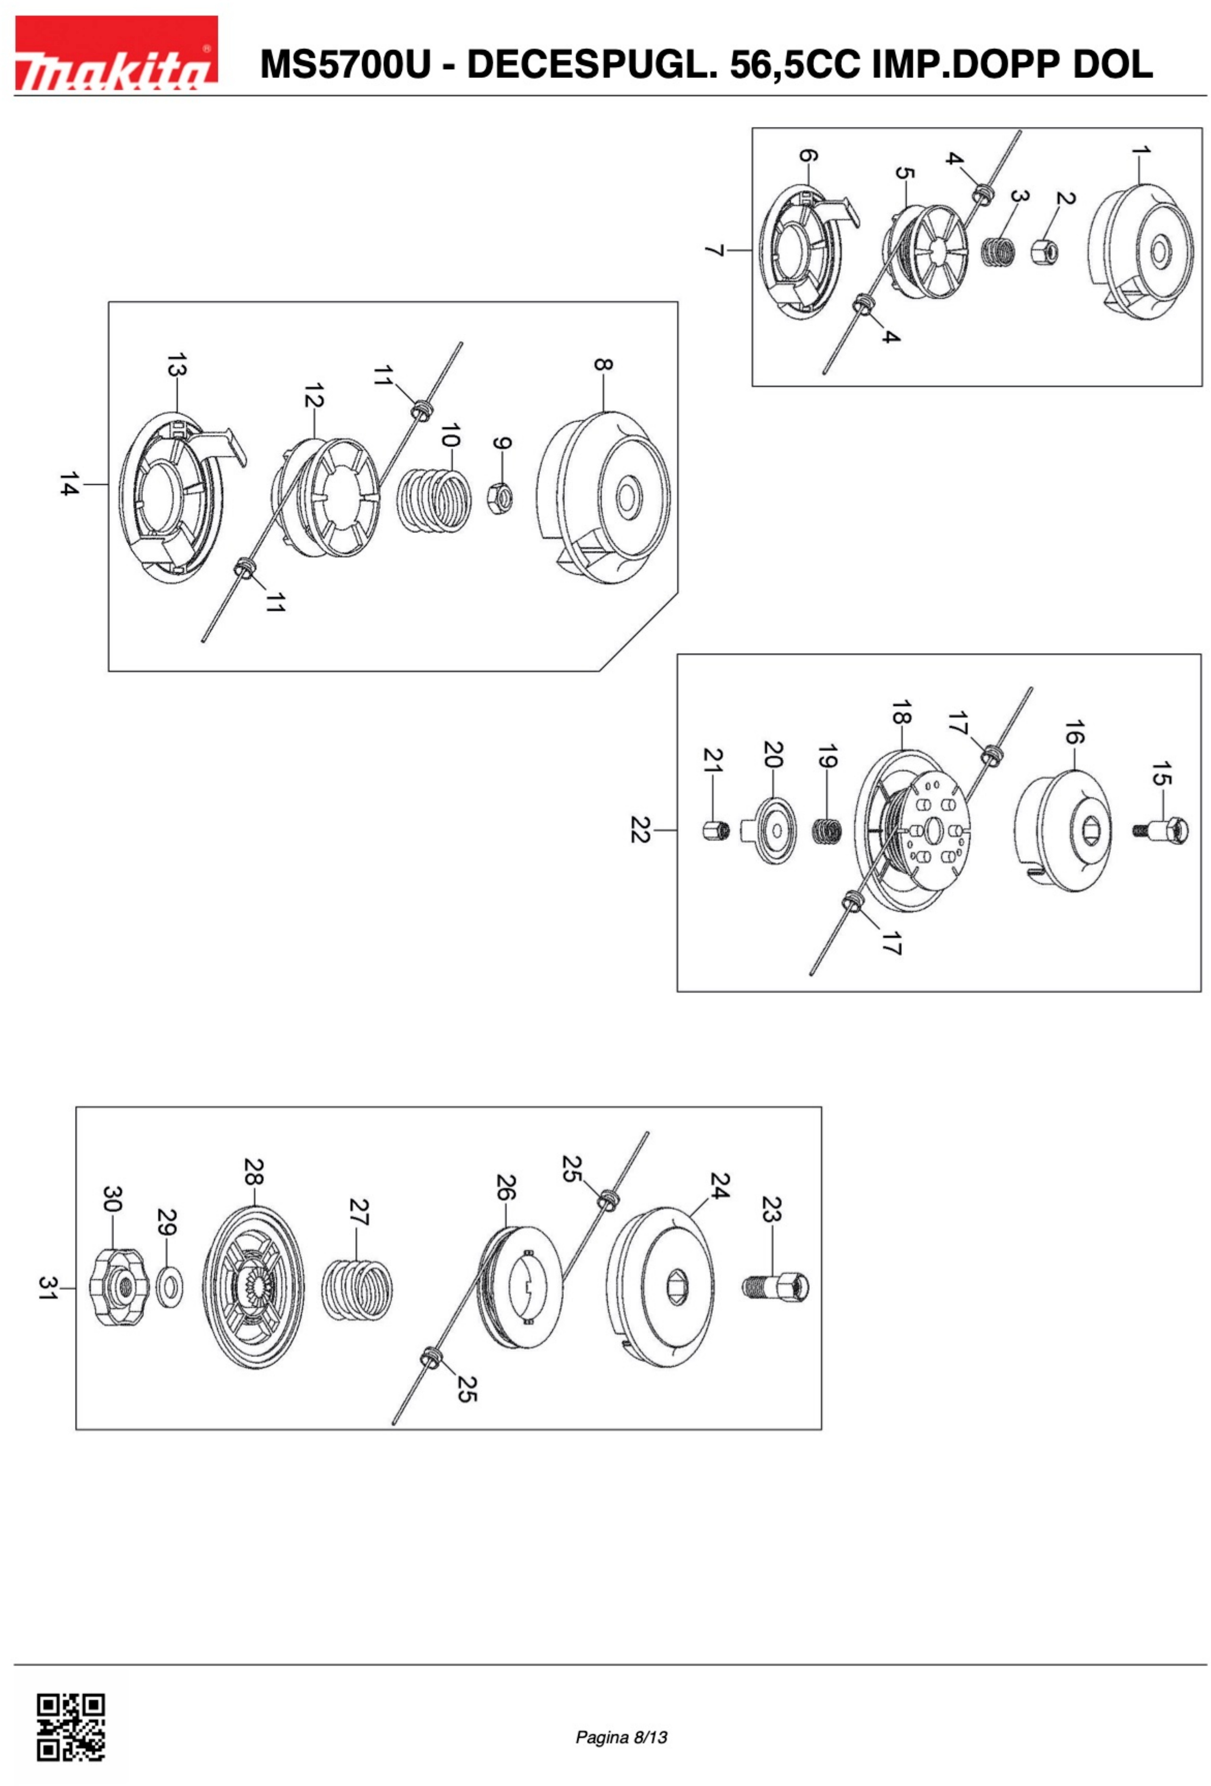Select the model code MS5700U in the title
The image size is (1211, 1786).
[x=346, y=65]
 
